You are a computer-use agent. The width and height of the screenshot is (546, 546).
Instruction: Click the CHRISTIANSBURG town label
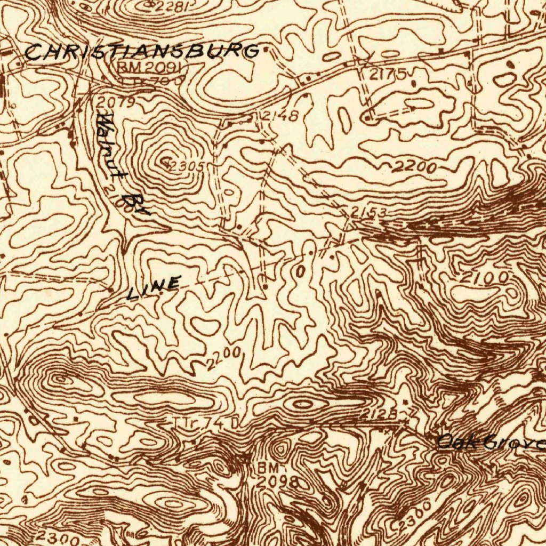click(x=142, y=52)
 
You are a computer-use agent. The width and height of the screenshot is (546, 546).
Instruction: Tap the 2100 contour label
click(x=484, y=278)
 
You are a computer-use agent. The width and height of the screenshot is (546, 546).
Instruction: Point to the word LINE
click(x=154, y=288)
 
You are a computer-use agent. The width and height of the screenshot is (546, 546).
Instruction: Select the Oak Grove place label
click(x=491, y=442)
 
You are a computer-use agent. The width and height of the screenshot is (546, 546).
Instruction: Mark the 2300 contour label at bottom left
click(x=57, y=538)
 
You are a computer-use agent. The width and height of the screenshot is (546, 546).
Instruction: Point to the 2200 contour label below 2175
click(x=415, y=167)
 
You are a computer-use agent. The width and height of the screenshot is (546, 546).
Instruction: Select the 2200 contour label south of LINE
click(x=223, y=358)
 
